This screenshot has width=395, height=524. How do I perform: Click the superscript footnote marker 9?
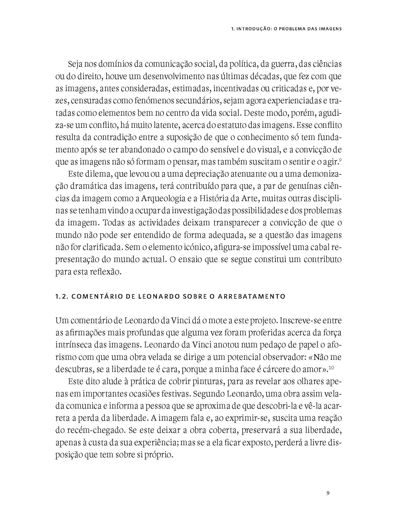coord(341,160)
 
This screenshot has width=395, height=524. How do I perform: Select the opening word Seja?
coord(75,65)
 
